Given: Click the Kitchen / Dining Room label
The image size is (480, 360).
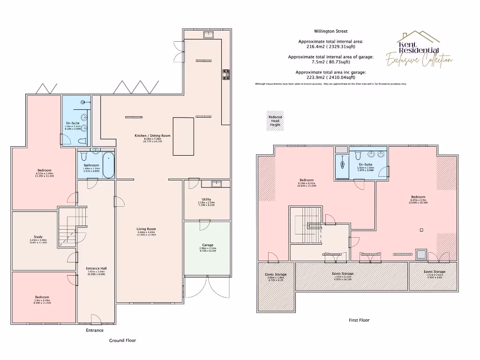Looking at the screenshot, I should click(x=152, y=136).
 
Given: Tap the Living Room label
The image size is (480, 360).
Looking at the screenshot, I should click(x=146, y=229).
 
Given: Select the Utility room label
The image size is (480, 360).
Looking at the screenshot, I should click(x=206, y=200).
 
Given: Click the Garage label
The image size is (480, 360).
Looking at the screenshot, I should click(x=208, y=245).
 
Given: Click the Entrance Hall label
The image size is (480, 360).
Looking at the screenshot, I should click(x=96, y=269).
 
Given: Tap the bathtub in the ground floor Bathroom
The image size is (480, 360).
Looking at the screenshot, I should click(x=108, y=165).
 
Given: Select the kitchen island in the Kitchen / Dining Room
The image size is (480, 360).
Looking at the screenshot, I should click(x=183, y=136).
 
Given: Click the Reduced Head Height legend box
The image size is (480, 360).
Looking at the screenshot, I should click(x=275, y=121).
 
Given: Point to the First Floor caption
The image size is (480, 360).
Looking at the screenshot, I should click(x=359, y=320).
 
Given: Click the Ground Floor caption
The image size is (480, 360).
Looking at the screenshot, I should click(x=122, y=340).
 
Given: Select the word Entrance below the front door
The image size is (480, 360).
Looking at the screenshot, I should click(x=94, y=330).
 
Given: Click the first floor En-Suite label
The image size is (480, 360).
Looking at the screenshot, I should click(x=365, y=165).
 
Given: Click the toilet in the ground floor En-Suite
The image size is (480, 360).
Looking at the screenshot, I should click(x=83, y=141).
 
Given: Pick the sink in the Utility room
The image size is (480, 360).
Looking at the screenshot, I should click(x=217, y=183).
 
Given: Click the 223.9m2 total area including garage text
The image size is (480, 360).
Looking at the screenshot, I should click(x=331, y=77).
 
